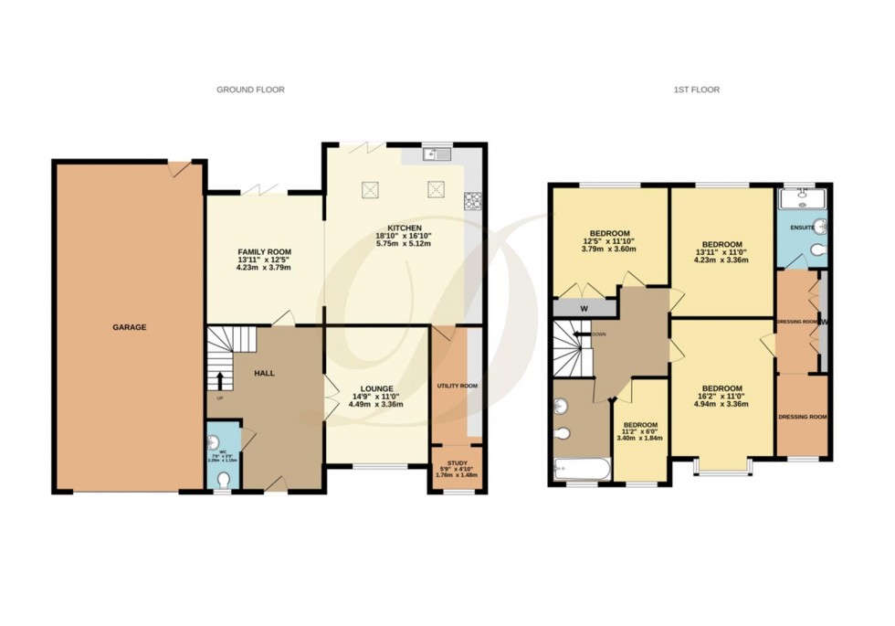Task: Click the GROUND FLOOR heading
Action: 250,90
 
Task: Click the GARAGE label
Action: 130,327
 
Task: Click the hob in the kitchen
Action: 473,200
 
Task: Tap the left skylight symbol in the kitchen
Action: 371,190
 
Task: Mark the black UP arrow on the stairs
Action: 219,378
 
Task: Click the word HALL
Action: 264,373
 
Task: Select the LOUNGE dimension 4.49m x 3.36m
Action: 377,404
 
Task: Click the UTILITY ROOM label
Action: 458,386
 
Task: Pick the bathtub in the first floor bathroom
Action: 581,470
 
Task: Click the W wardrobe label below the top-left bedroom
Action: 584,308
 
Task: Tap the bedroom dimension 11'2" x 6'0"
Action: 639,434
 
